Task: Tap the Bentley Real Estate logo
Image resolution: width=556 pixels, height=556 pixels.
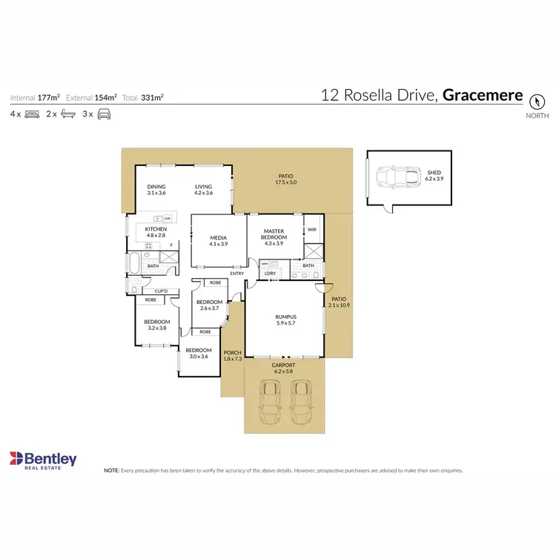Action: [43, 460]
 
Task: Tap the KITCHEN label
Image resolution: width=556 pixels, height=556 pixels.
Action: [156, 230]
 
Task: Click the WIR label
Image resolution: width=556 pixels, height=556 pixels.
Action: [312, 230]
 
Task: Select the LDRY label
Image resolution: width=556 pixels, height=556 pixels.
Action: [270, 274]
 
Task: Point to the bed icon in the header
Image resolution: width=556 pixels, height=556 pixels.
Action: [32, 114]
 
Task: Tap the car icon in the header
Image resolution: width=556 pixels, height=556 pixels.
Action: [105, 114]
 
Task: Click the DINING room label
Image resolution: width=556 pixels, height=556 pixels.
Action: [156, 187]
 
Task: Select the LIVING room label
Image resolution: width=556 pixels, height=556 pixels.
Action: [204, 187]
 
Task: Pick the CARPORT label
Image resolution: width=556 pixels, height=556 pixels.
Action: [284, 365]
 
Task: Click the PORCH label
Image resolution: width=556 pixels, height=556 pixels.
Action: [233, 354]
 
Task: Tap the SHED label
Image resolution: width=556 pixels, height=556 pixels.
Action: [434, 172]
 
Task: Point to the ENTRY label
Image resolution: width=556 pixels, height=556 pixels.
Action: [237, 274]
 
